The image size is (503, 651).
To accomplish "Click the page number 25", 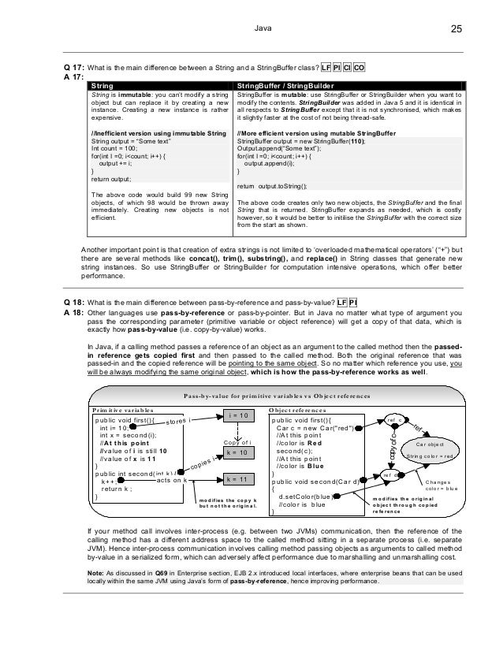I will [x=456, y=30].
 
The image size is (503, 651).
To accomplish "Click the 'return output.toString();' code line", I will [x=272, y=185].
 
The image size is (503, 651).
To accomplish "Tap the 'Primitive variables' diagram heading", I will [x=121, y=410].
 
